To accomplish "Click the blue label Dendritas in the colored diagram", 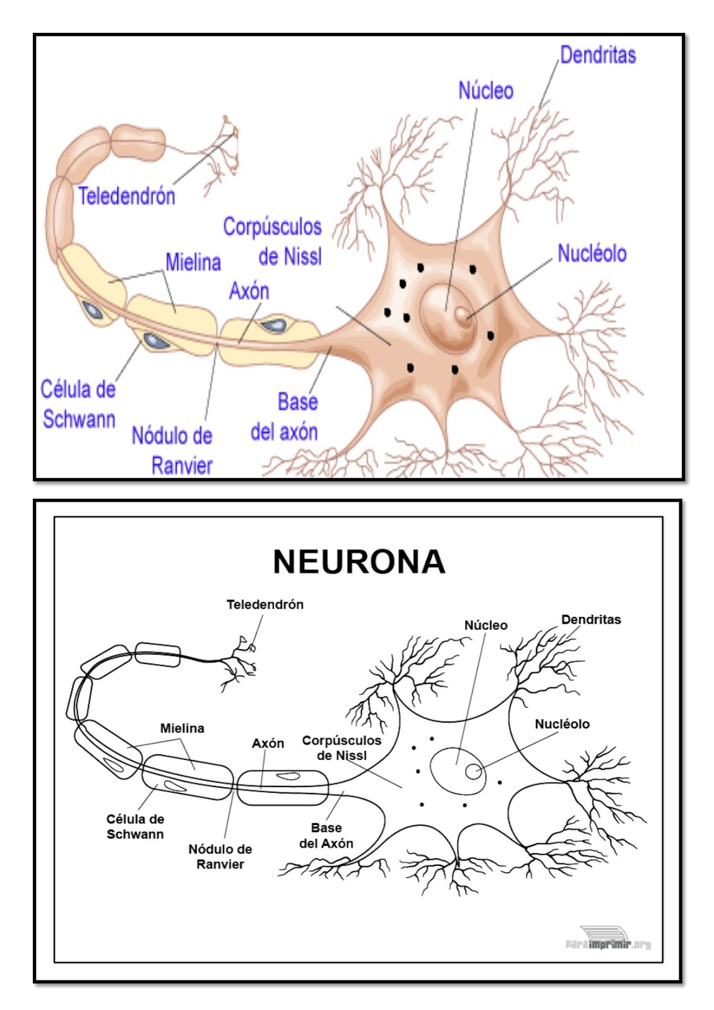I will pos(597,55).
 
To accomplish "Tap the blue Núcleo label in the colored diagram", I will pos(485,91).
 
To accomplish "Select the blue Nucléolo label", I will pos(592,254).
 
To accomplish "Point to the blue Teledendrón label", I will pos(126,196).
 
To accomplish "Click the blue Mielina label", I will pos(193,262).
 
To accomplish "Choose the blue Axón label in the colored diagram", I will pos(249,291).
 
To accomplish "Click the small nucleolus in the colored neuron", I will pos(462,314).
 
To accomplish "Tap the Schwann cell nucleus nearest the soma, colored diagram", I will pos(275,325).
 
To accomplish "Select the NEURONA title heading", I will pos(359,561).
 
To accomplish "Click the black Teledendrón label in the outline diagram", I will pos(265,605).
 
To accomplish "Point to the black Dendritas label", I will pos(591,620).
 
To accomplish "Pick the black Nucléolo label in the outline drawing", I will pos(562,724).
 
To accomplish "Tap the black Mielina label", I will pos(182,728).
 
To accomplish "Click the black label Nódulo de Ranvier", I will pos(220,857).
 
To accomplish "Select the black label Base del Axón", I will pos(326,836).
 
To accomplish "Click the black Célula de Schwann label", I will pos(135,826).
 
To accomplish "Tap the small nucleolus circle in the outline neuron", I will pos(472,771).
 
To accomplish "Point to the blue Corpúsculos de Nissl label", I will pos(273,242).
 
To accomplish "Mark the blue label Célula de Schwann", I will pos(78,404).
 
